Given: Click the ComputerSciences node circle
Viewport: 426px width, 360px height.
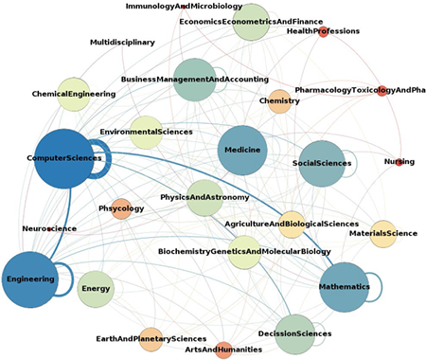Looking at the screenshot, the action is pos(64,159).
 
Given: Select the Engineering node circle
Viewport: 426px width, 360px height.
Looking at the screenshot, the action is pos(30,279).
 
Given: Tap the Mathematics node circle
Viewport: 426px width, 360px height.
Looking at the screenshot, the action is pos(345,287).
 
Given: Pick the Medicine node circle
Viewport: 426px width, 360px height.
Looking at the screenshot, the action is pos(242,151).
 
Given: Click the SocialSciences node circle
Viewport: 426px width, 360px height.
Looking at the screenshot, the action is pos(322,164).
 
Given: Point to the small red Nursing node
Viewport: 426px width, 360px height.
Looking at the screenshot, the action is pos(399,162).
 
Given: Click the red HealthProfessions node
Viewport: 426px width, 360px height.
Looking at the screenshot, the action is pos(323,32).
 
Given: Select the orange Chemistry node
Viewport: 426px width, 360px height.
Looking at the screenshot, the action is pos(279,101).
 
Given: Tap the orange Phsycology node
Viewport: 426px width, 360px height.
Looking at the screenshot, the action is pos(121,208).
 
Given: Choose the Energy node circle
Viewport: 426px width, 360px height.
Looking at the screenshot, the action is pos(96,289).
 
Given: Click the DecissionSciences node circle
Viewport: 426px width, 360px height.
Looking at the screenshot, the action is pos(295,334).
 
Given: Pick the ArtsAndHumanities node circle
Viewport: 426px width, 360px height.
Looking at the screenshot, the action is pos(223,351).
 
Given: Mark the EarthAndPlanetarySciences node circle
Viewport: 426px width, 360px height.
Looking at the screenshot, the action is pos(151,339).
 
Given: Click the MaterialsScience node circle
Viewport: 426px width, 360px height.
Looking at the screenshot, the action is pos(383,234).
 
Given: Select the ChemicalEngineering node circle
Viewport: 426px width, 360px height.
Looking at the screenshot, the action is pos(74,95).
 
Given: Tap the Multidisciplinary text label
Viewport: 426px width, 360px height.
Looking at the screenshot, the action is pos(122,43).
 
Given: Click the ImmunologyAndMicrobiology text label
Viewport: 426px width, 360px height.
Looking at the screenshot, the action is pos(184,7).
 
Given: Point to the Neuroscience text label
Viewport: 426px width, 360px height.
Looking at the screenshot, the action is pos(49,228).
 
